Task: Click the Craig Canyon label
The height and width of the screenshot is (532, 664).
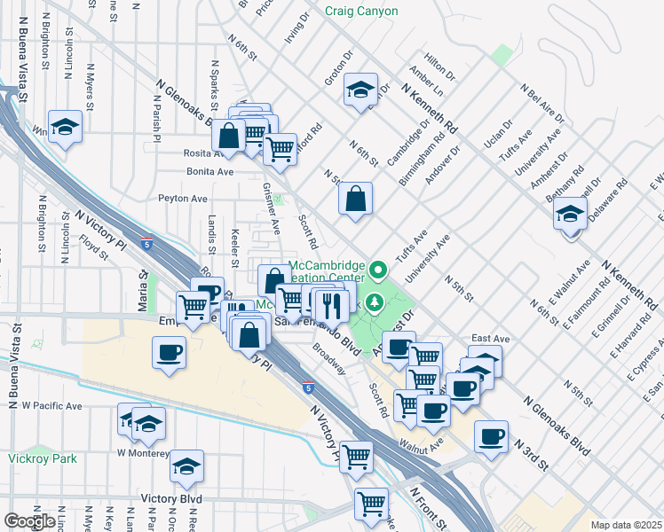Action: click(361, 12)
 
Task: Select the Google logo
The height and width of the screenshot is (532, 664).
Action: click(29, 521)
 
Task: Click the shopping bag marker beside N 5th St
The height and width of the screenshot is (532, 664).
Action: click(355, 199)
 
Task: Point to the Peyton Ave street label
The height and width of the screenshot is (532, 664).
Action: click(182, 199)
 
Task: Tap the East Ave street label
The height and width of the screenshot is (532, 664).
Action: click(490, 339)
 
